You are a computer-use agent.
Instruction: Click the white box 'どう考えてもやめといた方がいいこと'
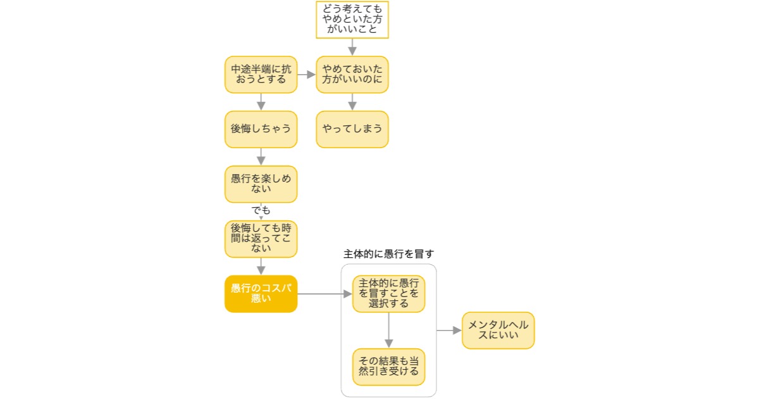coord(352,20)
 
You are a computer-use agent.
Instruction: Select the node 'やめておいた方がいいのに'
coord(352,74)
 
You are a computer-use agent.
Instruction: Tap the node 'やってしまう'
coord(352,129)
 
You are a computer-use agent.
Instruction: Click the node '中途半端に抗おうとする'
coord(261,74)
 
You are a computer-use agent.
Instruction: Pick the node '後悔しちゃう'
coord(261,129)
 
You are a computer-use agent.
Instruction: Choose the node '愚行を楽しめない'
coord(261,184)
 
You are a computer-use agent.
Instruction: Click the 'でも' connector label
coord(261,210)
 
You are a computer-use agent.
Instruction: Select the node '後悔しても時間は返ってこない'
coord(261,239)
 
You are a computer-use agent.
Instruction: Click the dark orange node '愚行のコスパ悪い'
coord(261,294)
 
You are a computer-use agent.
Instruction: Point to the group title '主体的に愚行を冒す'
coord(388,254)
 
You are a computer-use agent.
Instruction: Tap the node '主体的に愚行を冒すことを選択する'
coord(388,294)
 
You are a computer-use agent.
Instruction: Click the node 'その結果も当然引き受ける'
coord(388,367)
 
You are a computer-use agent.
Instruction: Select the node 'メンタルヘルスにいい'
coord(498,330)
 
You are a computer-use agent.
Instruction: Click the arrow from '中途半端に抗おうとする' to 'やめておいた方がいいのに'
coord(307,74)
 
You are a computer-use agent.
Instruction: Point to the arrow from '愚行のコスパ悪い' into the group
coord(324,294)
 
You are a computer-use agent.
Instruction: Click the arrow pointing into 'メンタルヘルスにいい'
coord(449,330)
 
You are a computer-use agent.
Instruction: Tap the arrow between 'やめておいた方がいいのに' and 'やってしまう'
coord(352,101)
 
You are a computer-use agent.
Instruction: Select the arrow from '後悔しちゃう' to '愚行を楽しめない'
coord(261,156)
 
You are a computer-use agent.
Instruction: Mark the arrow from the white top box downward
coord(352,47)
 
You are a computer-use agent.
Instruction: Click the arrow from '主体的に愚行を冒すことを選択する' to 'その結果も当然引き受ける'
coord(388,330)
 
